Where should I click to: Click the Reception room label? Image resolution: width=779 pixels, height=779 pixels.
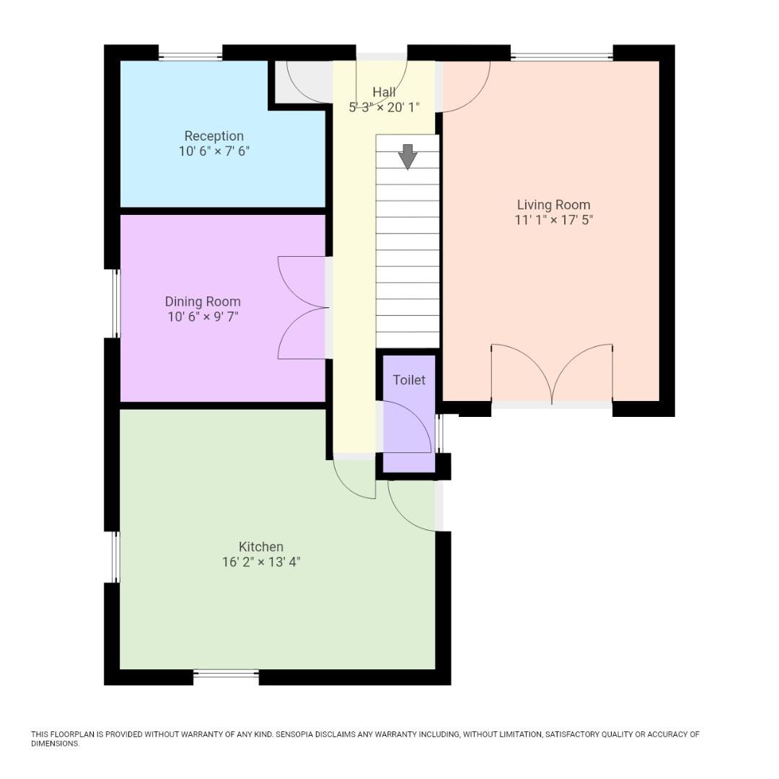point(214,136)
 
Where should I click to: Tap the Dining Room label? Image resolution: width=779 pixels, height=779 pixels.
point(203,302)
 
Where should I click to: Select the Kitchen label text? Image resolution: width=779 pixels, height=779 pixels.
point(261,547)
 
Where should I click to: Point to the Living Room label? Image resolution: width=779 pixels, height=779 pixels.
point(553,205)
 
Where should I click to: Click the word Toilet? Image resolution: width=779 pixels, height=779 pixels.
point(409,380)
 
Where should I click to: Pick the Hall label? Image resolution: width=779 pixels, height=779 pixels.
point(384,92)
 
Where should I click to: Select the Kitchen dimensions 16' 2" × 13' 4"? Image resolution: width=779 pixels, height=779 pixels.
point(261,563)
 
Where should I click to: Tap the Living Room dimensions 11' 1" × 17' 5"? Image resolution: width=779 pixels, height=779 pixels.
point(553,219)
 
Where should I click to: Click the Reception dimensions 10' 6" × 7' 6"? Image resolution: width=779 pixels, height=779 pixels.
point(214,151)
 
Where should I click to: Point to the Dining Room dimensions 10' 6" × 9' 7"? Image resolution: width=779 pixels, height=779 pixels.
point(203,317)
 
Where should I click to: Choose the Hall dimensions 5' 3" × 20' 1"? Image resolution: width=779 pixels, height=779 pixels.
point(384,107)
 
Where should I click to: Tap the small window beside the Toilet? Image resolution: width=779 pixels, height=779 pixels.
point(439,433)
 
